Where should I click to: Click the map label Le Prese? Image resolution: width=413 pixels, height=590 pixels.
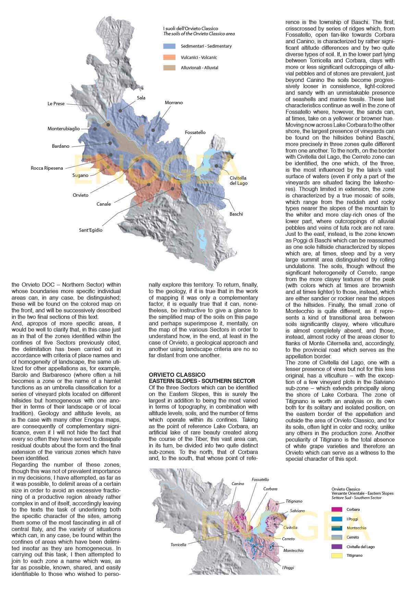(56, 104)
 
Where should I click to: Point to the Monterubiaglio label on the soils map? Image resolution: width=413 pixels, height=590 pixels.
(64, 129)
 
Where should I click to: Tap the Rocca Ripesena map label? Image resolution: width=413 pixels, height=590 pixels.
(47, 168)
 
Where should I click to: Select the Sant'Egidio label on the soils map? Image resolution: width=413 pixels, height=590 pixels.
(90, 230)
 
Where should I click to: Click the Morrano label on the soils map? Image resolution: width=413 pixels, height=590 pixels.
(174, 103)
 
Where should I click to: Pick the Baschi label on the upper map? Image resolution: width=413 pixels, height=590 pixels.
(236, 214)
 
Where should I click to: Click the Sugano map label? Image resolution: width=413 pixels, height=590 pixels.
(80, 176)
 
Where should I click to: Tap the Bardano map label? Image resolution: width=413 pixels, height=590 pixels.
(61, 146)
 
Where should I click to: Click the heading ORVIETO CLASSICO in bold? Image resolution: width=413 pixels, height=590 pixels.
(177, 375)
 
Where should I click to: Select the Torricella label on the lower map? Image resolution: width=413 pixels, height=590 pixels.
(179, 545)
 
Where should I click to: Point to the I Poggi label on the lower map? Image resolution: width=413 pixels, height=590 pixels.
(288, 568)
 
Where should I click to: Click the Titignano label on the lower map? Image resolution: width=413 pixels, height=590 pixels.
(294, 501)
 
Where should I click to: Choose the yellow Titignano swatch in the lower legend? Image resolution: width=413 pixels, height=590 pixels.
(337, 556)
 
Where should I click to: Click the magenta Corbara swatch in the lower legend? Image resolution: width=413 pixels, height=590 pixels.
(337, 510)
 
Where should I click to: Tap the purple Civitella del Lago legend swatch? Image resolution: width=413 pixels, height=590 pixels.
(337, 546)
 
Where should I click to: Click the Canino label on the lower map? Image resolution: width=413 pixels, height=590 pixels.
(238, 484)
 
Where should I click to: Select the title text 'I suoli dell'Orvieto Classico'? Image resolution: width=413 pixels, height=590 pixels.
(190, 29)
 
